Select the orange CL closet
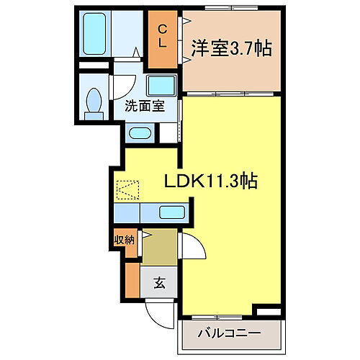163,37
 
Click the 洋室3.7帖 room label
230,48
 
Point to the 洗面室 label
144,106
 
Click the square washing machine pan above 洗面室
161,85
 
